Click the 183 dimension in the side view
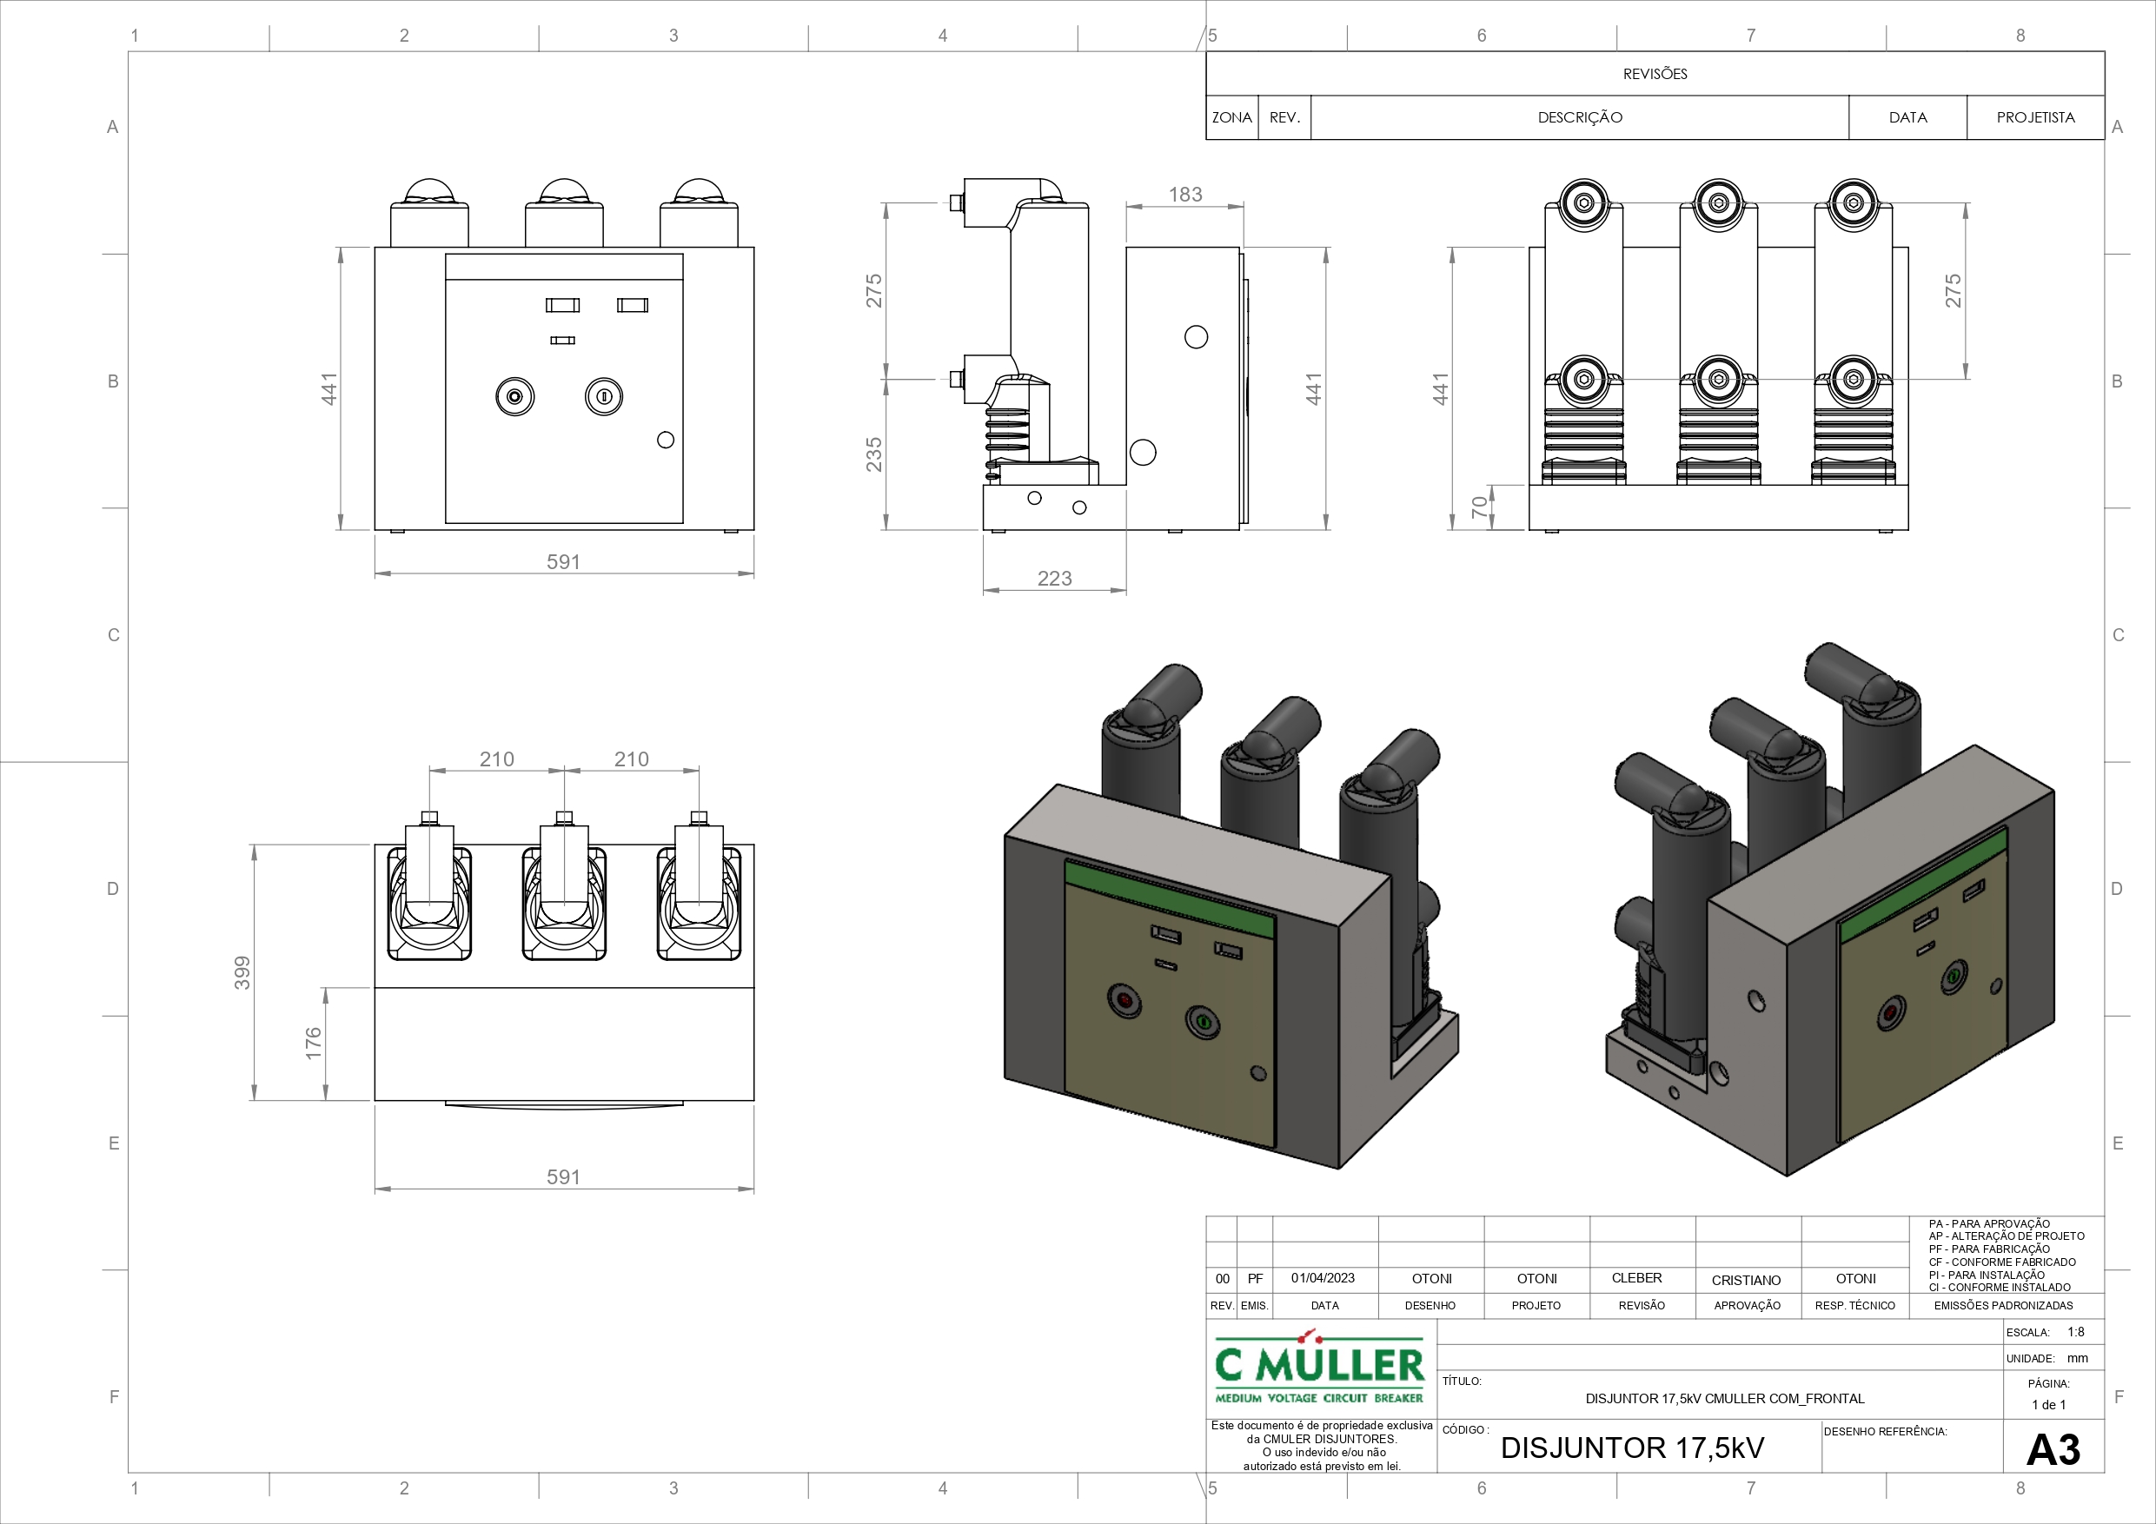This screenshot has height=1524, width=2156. click(1185, 195)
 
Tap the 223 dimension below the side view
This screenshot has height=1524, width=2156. click(1054, 579)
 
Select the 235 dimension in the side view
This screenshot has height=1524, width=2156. click(874, 454)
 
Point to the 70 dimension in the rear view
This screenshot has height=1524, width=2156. click(1480, 507)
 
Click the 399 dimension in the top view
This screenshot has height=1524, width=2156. click(242, 972)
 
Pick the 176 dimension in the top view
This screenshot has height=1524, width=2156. click(314, 1044)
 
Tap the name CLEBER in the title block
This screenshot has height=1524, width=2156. click(1636, 1278)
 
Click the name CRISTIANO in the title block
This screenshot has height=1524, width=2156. click(1746, 1280)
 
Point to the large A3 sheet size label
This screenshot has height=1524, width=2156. click(2053, 1450)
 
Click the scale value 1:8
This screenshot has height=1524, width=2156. click(2075, 1331)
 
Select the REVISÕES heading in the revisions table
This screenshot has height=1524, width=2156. click(1655, 74)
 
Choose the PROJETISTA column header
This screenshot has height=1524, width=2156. click(2035, 117)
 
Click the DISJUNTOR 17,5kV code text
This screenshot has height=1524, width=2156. click(1632, 1448)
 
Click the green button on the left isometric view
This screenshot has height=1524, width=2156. click(1202, 1021)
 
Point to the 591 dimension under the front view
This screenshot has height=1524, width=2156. click(563, 561)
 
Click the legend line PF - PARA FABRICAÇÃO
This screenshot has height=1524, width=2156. click(1989, 1249)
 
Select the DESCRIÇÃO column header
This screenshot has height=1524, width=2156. click(1580, 117)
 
